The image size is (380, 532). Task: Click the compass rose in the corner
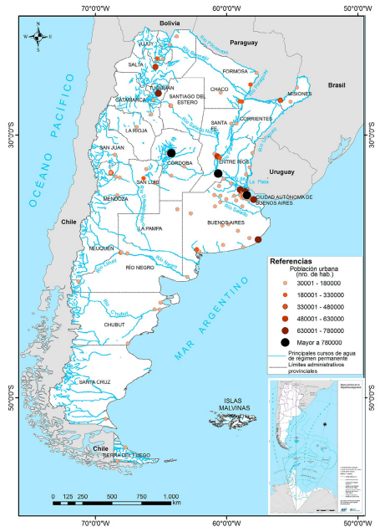[x=38, y=37]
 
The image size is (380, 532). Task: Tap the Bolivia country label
[x=170, y=23]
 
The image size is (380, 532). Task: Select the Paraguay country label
[x=244, y=42]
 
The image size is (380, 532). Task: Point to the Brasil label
[x=338, y=85]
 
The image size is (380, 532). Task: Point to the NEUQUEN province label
[x=101, y=248]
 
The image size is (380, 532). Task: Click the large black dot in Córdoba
[x=170, y=153]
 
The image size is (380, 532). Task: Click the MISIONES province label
[x=299, y=94]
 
